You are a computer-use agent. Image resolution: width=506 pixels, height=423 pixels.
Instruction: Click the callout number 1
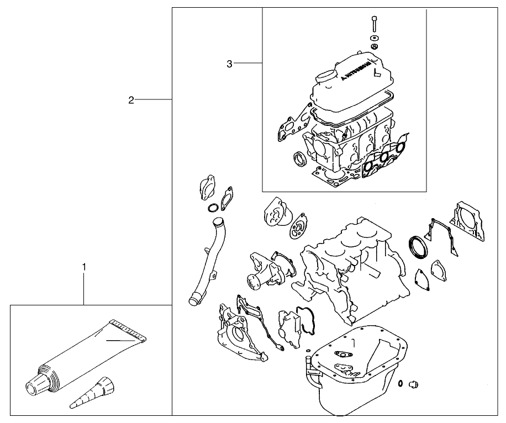tap(84, 267)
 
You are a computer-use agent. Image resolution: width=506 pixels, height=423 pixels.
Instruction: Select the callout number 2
tap(131, 100)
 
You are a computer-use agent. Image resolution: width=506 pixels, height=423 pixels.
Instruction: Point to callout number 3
tap(229, 64)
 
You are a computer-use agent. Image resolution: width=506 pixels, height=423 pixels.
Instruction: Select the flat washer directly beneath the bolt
tap(374, 37)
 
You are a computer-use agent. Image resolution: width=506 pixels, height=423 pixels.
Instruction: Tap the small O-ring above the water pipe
tap(212, 208)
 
